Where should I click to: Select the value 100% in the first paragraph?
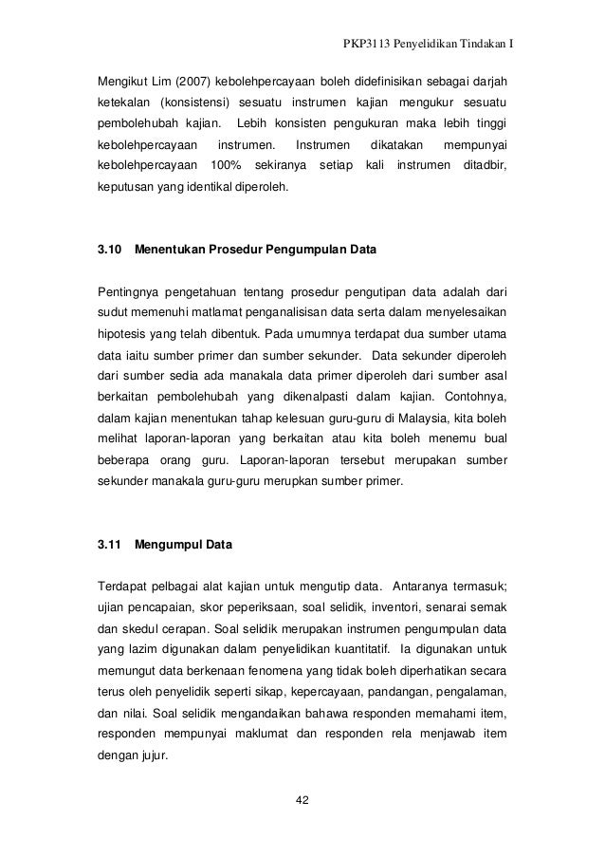pos(226,166)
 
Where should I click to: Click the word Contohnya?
pos(474,391)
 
